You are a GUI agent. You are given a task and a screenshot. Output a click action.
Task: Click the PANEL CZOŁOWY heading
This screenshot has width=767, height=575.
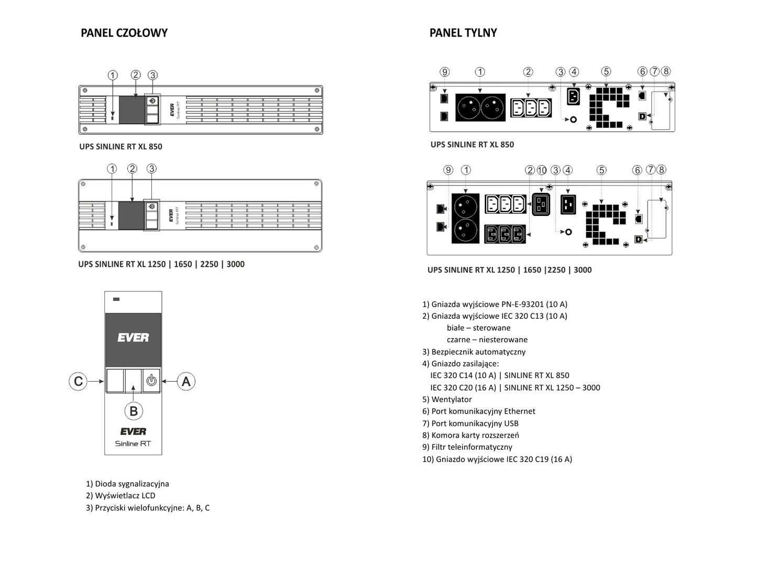[124, 33]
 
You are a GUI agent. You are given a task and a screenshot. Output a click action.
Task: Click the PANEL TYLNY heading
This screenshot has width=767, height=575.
[463, 33]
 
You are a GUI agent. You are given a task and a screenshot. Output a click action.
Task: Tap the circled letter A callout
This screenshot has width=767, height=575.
[186, 381]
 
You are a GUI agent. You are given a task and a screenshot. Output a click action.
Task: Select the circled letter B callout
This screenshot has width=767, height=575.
[134, 411]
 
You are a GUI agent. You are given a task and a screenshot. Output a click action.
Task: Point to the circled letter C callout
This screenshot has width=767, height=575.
[78, 381]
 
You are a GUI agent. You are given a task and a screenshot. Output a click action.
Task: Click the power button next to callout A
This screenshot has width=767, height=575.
[151, 381]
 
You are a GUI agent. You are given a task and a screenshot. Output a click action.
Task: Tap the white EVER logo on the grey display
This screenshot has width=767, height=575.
[133, 338]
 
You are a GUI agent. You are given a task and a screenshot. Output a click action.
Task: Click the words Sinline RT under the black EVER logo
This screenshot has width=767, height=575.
[133, 443]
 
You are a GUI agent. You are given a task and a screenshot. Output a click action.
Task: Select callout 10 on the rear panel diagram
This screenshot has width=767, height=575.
[542, 170]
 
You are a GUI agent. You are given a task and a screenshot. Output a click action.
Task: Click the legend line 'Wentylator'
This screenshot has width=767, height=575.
[447, 399]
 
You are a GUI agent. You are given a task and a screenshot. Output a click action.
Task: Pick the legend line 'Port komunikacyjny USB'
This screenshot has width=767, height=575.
[470, 424]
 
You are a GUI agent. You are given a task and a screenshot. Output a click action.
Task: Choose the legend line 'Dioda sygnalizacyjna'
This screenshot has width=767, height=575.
[127, 484]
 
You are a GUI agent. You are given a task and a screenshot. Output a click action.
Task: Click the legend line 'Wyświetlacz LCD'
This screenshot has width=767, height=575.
[120, 496]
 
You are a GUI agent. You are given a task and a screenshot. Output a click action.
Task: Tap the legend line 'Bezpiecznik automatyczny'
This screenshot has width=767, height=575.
[474, 352]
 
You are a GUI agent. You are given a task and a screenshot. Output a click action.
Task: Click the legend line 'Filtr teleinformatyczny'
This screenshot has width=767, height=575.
[467, 447]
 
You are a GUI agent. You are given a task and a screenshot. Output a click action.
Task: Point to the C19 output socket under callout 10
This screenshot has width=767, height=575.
[541, 204]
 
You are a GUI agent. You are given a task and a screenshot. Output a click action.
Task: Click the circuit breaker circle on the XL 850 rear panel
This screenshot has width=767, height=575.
[573, 120]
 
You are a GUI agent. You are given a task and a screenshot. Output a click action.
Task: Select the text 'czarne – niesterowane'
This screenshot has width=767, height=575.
[487, 340]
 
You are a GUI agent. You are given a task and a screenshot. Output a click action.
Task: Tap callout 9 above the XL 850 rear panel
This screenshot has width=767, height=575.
[444, 72]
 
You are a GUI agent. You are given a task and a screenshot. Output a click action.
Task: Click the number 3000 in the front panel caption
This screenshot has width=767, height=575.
[236, 264]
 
